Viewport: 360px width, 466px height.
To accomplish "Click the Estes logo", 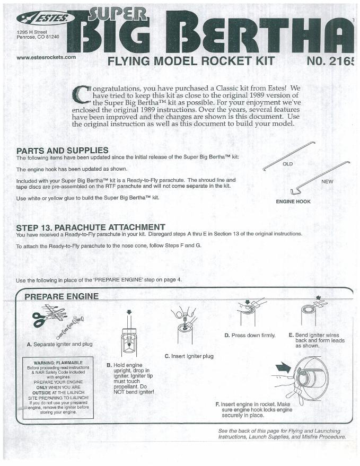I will [43, 19].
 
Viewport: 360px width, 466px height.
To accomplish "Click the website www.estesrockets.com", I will [46, 57].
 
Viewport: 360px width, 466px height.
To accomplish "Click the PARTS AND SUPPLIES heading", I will [62, 151].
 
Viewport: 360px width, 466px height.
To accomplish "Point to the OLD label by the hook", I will [287, 164].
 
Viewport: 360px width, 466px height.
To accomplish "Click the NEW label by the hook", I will [328, 181].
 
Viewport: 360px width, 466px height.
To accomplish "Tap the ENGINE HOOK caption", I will [293, 201].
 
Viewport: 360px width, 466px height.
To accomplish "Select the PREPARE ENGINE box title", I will [61, 296].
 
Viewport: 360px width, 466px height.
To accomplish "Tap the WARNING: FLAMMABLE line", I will [58, 363].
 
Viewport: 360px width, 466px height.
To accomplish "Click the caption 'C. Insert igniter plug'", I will [189, 356].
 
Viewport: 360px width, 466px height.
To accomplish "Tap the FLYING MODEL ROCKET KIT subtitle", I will [191, 61].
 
